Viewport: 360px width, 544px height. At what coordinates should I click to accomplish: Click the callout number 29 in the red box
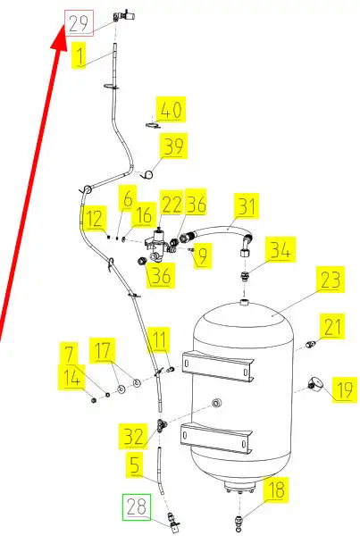tap(80, 23)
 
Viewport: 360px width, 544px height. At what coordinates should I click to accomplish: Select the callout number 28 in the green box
tap(137, 506)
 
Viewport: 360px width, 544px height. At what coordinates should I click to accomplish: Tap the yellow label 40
tap(171, 110)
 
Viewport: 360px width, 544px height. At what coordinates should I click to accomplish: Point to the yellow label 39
tap(173, 146)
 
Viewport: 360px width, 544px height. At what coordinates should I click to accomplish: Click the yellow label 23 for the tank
tap(331, 280)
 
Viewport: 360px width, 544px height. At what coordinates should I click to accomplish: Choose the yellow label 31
tap(247, 206)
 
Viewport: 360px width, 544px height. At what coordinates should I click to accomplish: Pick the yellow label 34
tap(280, 249)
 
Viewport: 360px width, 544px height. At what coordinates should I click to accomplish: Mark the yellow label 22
tap(172, 204)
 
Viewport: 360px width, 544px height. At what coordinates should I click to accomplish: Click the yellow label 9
tap(203, 255)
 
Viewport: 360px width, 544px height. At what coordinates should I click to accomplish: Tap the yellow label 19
tap(345, 389)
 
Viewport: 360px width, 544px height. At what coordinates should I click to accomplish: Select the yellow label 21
tap(332, 326)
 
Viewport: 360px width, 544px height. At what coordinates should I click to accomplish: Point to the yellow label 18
tap(276, 490)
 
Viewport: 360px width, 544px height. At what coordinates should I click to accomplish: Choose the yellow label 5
tap(135, 464)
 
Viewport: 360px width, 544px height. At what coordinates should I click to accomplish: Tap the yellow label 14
tap(72, 377)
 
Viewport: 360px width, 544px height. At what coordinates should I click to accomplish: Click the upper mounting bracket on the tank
tap(218, 366)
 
